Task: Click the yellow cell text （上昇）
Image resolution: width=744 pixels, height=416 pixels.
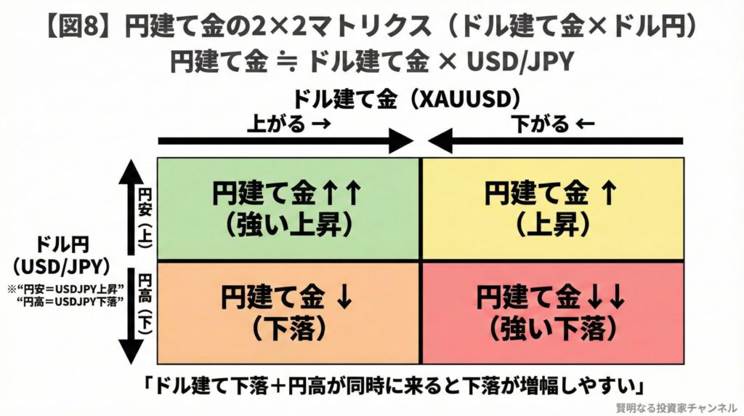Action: click(552, 224)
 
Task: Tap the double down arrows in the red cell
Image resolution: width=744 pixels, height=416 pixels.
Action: click(609, 298)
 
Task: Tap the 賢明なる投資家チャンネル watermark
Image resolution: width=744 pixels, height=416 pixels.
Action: click(675, 407)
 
